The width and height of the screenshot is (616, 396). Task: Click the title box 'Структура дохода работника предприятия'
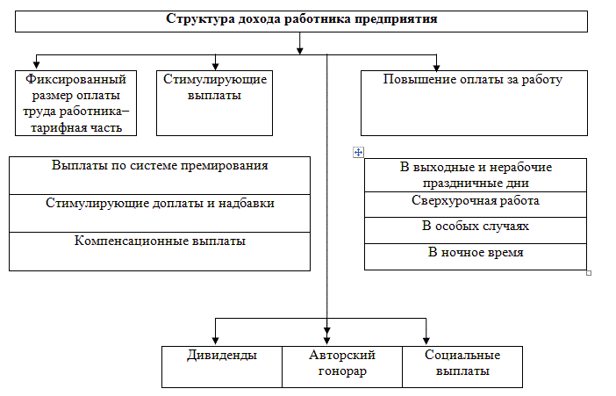301,21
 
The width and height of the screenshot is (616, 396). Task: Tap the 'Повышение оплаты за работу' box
473,103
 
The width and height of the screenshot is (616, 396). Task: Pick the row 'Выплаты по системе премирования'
160,175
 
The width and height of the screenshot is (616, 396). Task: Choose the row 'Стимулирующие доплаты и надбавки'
160,212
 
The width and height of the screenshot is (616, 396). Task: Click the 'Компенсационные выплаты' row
160,250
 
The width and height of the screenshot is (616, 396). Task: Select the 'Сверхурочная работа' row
475,204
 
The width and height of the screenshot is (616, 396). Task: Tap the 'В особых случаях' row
475,229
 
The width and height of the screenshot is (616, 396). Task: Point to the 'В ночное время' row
475,256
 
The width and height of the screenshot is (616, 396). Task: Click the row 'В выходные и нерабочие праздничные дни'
475,176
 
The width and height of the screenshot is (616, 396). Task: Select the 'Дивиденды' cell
222,366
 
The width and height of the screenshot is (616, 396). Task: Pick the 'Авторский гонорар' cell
342,366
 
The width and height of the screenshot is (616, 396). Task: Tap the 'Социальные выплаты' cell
462,366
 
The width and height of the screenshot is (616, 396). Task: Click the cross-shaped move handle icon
357,152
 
